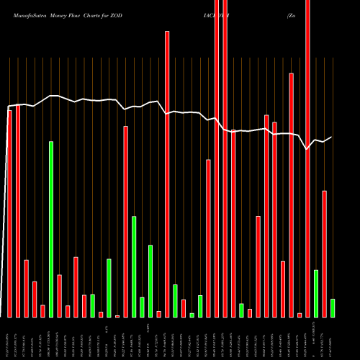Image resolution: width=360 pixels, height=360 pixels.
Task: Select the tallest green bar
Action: click(51, 229)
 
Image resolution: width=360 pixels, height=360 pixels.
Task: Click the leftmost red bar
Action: click(10, 213)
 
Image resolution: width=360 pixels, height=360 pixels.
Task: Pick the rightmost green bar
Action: click(333, 307)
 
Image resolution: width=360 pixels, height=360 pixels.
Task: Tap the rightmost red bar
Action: click(325, 253)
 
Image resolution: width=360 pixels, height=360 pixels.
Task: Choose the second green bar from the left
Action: click(93, 305)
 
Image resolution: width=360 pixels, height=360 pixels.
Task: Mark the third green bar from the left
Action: click(109, 288)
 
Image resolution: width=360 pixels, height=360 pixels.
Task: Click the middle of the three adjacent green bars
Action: click(143, 307)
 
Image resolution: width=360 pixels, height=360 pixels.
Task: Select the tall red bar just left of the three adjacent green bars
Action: click(126, 221)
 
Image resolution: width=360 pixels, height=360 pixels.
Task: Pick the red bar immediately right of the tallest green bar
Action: click(60, 296)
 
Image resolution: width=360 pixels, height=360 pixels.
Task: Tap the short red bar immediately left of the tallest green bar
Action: click(43, 311)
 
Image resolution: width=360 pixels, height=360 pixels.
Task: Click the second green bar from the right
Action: click(316, 293)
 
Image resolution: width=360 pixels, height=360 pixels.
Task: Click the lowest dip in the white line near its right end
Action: click(307, 149)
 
